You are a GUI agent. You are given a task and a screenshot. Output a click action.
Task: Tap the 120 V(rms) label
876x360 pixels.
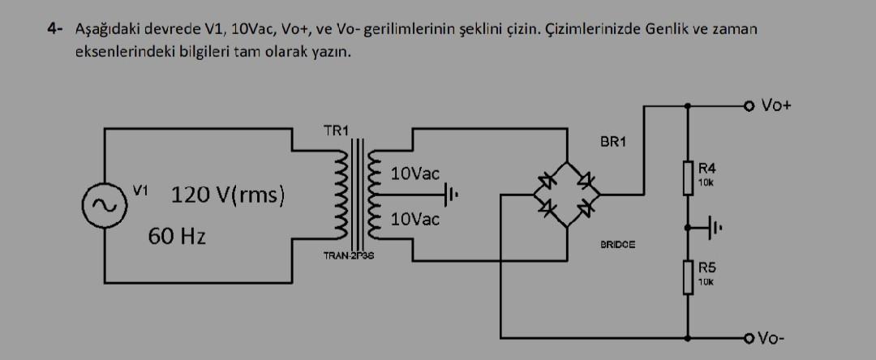point(227,195)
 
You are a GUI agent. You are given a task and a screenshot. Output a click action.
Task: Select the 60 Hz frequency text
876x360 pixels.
point(177,237)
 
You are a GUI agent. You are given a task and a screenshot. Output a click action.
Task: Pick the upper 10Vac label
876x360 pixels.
point(414,174)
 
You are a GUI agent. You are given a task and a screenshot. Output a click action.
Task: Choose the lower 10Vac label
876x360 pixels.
point(414,220)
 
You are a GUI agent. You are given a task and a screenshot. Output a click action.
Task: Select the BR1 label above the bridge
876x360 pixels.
point(614,143)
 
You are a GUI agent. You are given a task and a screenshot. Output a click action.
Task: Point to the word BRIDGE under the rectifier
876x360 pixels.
point(618,243)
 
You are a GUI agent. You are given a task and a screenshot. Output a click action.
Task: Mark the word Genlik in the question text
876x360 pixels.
point(667,29)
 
